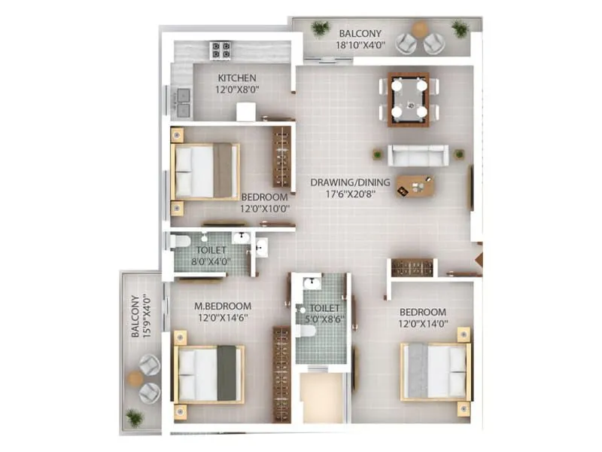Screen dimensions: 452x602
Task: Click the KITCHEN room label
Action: [x=237, y=78]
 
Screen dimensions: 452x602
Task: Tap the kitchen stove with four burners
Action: [x=220, y=50]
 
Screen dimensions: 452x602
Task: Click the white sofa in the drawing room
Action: [x=418, y=155]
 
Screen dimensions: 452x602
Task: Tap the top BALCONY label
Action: [x=360, y=34]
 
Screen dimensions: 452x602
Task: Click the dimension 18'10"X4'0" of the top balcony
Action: [x=360, y=45]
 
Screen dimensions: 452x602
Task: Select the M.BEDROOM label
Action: [x=223, y=306]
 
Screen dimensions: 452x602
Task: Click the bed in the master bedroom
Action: [x=209, y=374]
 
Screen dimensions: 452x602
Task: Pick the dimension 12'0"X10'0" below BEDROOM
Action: [x=265, y=209]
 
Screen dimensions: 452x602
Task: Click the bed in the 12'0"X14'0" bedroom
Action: [x=436, y=372]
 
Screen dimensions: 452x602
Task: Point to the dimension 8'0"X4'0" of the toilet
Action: [x=213, y=261]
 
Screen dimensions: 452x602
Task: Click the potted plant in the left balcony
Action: [x=135, y=417]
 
